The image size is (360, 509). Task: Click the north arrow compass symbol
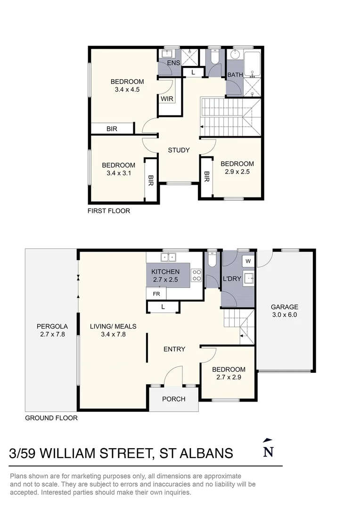(x=268, y=449)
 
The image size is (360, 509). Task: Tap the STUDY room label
(x=179, y=150)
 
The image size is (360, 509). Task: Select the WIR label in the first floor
(x=166, y=99)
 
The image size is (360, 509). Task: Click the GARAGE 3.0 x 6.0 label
(x=285, y=312)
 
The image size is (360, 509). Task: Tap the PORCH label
(x=173, y=399)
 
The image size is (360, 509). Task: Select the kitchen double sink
(x=168, y=257)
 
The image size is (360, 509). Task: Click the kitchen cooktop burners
(x=197, y=275)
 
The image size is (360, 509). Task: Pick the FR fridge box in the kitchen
(x=156, y=293)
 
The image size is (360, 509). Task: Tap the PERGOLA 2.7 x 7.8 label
(x=52, y=330)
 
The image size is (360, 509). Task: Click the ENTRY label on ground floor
(x=174, y=349)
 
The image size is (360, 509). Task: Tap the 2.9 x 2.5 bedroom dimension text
(x=237, y=172)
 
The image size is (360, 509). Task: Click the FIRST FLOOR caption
(x=109, y=211)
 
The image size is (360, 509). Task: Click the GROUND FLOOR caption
(x=51, y=418)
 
